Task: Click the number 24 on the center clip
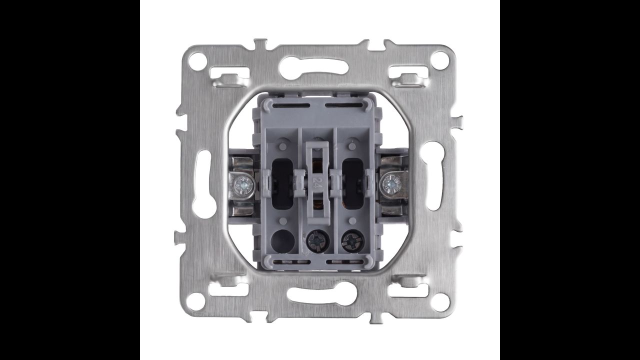(x=316, y=182)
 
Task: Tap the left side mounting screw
(x=242, y=185)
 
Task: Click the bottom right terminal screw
(x=352, y=241)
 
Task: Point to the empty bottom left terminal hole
(x=282, y=241)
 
